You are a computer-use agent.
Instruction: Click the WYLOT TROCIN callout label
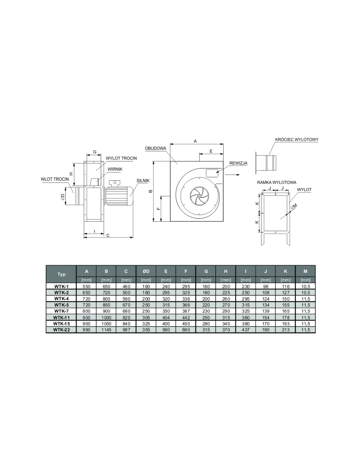(121, 158)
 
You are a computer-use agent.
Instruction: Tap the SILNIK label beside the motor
(143, 181)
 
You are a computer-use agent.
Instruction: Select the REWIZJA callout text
(238, 163)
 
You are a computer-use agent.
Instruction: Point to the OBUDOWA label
(156, 148)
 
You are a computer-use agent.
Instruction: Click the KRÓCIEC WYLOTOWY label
(297, 140)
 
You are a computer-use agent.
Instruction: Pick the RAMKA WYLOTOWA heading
(277, 183)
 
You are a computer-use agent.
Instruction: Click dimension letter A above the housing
(195, 141)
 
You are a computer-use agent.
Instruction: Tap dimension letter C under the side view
(108, 235)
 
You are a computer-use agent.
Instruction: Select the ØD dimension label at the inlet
(62, 197)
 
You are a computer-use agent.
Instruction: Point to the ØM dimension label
(294, 206)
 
